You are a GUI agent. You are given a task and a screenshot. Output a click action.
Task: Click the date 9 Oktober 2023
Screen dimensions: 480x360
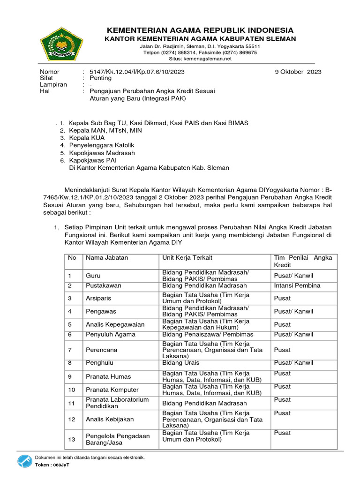(x=298, y=72)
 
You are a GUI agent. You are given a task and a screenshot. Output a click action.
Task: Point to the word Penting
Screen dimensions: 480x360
(x=101, y=78)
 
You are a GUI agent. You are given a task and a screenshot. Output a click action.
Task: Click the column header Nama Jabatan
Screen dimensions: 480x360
(x=106, y=258)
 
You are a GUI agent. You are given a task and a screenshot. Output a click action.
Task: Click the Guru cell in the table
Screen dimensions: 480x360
(x=93, y=276)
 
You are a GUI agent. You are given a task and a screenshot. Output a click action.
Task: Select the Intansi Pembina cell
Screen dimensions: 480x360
(x=297, y=285)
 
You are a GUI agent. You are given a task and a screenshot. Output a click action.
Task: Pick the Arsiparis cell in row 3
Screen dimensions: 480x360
(x=98, y=298)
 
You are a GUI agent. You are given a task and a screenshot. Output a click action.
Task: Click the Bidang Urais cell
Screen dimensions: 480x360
(x=181, y=363)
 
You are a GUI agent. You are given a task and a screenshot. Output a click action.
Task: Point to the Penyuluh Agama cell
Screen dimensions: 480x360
(x=110, y=334)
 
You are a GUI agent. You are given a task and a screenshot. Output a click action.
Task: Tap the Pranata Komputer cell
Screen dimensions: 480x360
(x=112, y=390)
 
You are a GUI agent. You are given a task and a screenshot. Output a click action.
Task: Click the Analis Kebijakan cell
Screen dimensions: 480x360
(x=110, y=419)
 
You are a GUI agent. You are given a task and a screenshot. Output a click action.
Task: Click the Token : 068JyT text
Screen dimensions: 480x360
(x=51, y=466)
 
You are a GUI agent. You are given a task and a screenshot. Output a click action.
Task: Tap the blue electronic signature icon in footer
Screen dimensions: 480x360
(x=25, y=462)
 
